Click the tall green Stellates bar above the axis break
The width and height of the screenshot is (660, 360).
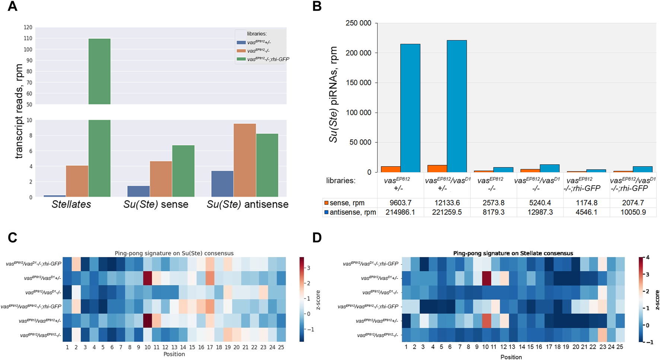[99, 71]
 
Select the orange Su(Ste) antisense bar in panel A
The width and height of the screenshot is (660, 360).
[245, 160]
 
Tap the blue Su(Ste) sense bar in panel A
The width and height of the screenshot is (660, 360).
[139, 191]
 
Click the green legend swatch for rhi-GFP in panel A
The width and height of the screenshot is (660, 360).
[241, 59]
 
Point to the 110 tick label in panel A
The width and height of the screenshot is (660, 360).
[28, 38]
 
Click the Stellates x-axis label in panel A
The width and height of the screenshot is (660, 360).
[71, 204]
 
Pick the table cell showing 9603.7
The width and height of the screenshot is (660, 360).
[400, 203]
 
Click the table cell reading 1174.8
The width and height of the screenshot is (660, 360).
[587, 203]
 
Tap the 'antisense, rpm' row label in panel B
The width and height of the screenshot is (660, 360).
[350, 212]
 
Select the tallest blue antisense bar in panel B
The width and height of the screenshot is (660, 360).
[457, 106]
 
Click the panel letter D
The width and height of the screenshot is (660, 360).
[317, 237]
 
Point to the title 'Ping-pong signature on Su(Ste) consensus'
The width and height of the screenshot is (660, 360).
[174, 253]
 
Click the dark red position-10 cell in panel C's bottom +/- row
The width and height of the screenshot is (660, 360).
[148, 320]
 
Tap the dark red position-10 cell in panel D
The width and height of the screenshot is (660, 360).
[485, 278]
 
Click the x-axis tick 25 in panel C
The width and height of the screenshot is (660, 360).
[281, 347]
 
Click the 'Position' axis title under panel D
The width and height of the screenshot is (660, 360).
[511, 357]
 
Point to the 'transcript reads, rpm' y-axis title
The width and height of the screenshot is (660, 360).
[19, 112]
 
